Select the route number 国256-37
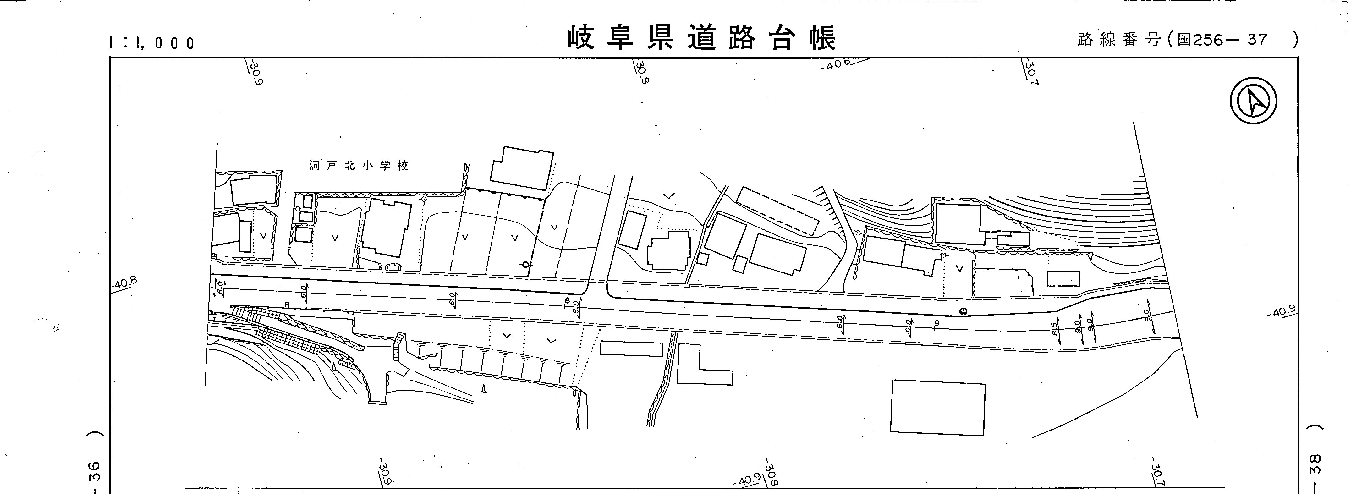click(x=1222, y=40)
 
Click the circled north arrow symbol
click(x=1254, y=100)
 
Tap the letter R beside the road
click(x=287, y=304)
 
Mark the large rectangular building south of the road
click(x=938, y=408)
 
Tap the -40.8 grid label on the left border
click(x=125, y=283)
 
